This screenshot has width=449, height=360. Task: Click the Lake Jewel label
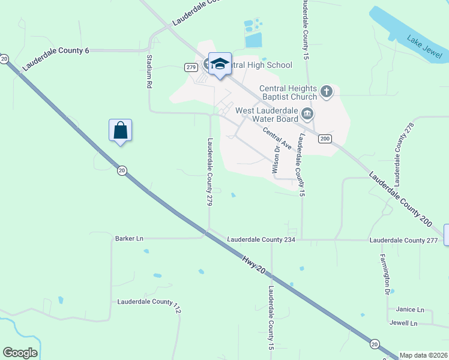[x=424, y=47]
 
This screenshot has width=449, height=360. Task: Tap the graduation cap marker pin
[x=220, y=64]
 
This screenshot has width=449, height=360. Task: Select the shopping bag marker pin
[x=120, y=130]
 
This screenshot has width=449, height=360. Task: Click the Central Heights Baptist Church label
[x=288, y=92]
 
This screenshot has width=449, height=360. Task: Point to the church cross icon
[x=326, y=91]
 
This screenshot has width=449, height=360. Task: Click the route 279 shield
[x=191, y=67]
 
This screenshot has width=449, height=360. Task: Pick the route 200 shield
[x=325, y=139]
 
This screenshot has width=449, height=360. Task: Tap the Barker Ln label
[x=129, y=238]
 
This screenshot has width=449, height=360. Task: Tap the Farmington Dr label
[x=384, y=274]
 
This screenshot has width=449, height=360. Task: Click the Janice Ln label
[x=410, y=310]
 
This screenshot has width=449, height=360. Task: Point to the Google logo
[x=20, y=353]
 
